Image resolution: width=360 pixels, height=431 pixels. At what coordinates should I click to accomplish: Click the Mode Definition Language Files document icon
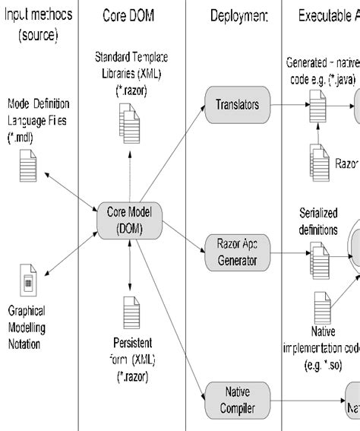tap(28, 165)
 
